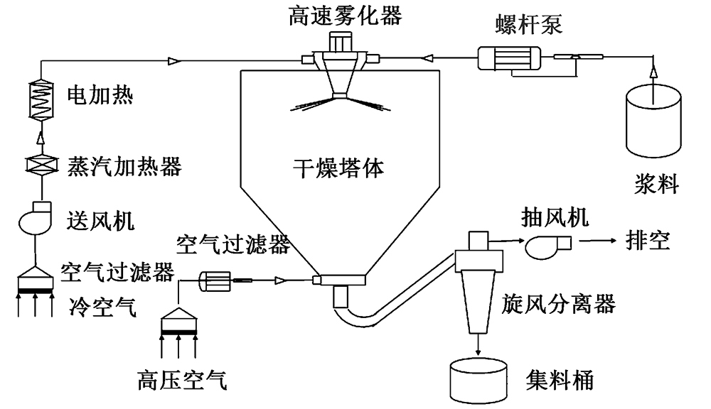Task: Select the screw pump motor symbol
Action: coord(508,58)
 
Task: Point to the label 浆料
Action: coord(656,187)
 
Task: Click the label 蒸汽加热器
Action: coord(124,167)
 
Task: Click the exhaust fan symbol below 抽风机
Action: coord(547,246)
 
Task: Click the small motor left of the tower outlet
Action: coord(213,281)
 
